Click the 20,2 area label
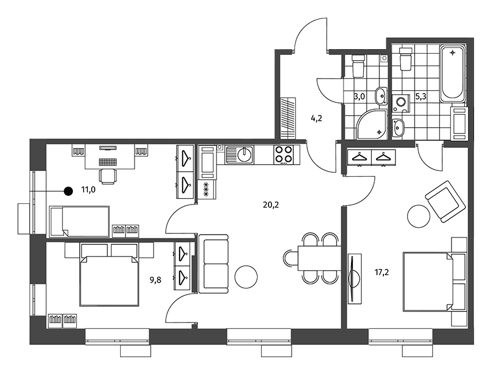271,205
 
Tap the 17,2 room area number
382,272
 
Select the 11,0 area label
88,190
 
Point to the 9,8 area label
155,280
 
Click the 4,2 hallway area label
316,119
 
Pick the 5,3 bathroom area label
421,96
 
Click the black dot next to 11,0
68,191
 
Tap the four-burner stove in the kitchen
284,154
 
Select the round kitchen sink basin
245,154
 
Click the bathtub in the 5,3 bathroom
453,74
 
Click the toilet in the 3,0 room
359,65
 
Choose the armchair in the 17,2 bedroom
446,202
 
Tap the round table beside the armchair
419,216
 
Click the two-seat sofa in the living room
214,264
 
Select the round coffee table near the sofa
246,277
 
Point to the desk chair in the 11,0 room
108,176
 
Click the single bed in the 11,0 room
80,221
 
